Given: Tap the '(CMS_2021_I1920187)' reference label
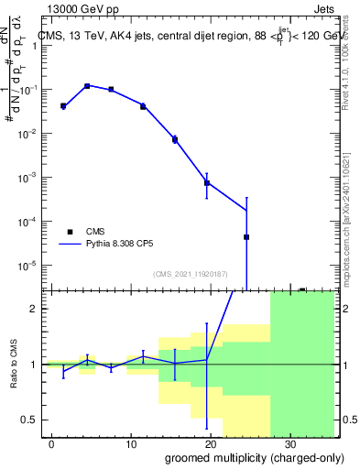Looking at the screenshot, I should tap(191, 273).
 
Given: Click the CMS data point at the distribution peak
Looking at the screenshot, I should tap(87, 86).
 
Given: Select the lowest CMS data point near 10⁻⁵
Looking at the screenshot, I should tap(246, 237).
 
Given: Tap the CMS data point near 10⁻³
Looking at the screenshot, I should tap(207, 183).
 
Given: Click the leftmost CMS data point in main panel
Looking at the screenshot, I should tap(63, 106).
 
